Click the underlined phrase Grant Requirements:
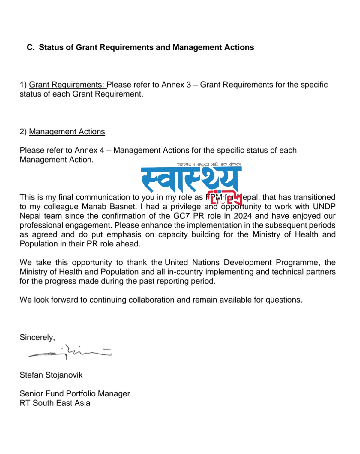tap(67, 85)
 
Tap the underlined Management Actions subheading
tap(67, 132)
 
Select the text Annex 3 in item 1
tap(176, 85)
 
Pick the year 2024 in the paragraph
tap(243, 216)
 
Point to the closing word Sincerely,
tap(37, 337)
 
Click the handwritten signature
tap(70, 352)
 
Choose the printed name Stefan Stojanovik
tap(51, 375)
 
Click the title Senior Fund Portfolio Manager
tap(75, 393)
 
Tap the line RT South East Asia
tap(55, 403)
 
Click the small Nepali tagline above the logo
tap(209, 164)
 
